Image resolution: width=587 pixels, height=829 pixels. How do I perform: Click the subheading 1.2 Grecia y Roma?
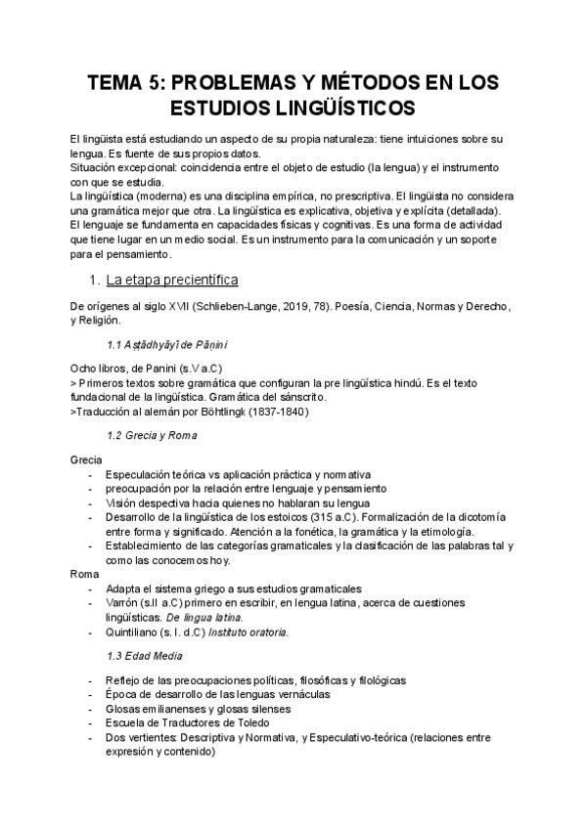pos(151,434)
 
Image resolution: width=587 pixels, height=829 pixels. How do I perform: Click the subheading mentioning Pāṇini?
pos(168,345)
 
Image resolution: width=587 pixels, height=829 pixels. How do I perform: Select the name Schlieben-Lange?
pos(232,307)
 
